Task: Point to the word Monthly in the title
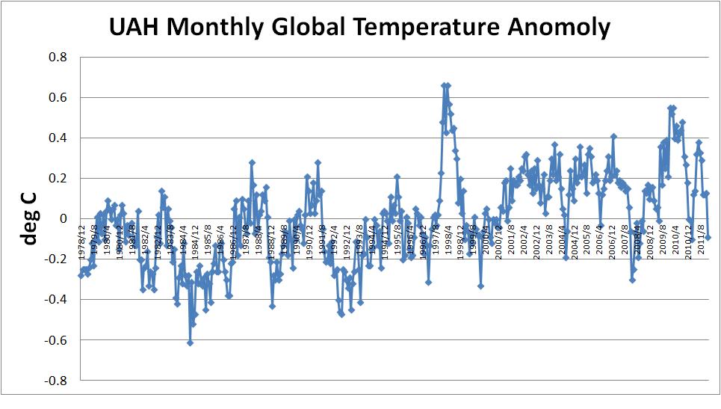(225, 28)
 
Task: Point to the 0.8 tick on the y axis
(58, 57)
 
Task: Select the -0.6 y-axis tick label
(55, 340)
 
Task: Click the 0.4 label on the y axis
(58, 138)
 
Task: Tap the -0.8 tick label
(55, 381)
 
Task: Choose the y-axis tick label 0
(64, 218)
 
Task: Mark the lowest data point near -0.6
(191, 342)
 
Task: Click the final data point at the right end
(708, 237)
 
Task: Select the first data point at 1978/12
(81, 275)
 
